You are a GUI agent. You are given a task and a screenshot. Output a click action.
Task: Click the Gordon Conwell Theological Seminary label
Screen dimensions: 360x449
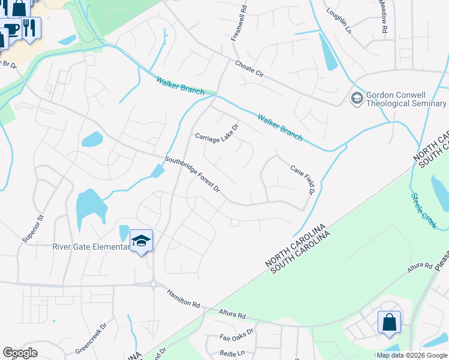coord(405,98)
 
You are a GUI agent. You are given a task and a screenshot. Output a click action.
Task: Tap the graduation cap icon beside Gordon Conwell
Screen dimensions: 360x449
coord(357,98)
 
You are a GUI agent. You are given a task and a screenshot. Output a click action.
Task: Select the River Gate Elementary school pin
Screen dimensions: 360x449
coord(141,241)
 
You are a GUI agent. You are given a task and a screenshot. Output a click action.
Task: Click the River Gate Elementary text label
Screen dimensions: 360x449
coord(91,246)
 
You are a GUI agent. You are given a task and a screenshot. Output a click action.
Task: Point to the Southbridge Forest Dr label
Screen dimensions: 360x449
coord(193,175)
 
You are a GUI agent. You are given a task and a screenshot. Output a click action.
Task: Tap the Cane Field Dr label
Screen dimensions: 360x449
coord(303,179)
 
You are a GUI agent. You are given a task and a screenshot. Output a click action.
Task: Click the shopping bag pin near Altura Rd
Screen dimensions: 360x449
coord(389,322)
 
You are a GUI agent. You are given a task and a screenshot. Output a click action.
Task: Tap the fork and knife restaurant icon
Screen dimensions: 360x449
coord(30,27)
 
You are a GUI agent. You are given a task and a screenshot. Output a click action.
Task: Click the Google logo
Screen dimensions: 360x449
coord(20,353)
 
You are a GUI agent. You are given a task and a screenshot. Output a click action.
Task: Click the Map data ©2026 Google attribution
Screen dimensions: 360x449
coord(412,355)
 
